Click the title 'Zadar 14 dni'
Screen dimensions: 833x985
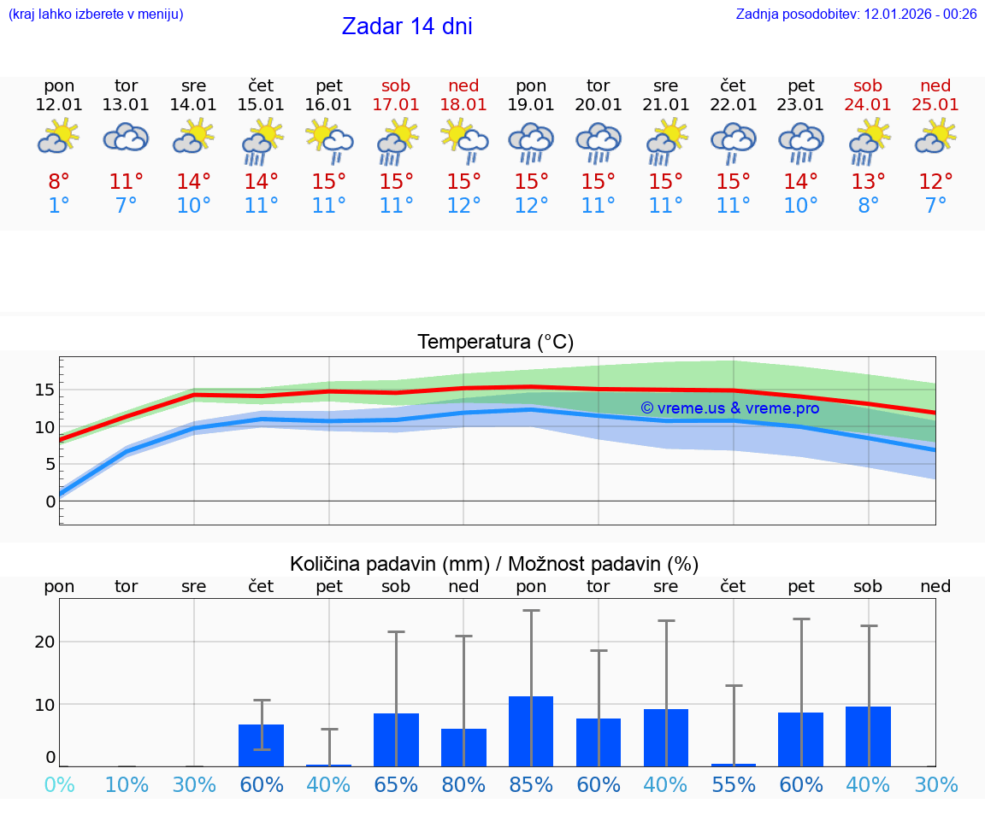(x=407, y=26)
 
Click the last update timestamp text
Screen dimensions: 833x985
(x=856, y=14)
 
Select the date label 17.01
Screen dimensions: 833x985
(x=396, y=105)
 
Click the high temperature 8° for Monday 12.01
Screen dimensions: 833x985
(x=59, y=182)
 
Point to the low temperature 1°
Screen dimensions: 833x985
(x=59, y=206)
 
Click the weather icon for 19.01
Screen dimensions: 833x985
(x=531, y=141)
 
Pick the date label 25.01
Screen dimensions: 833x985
(x=935, y=105)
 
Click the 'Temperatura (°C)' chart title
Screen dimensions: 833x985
(x=495, y=343)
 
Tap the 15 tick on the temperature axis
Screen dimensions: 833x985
(x=44, y=390)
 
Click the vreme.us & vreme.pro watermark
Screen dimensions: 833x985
(x=729, y=408)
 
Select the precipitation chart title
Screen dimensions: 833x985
(x=494, y=564)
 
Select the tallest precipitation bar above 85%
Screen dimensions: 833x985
(x=531, y=731)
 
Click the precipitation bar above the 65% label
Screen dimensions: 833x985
(x=396, y=740)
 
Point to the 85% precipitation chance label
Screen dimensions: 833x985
(x=531, y=785)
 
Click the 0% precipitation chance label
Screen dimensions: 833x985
(x=59, y=785)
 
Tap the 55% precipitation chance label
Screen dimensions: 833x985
(x=734, y=785)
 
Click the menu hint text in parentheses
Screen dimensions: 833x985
(x=96, y=14)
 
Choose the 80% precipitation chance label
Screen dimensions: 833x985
(x=463, y=785)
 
